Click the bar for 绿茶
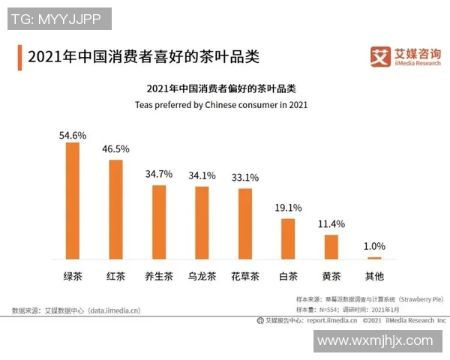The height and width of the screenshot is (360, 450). pos(73,200)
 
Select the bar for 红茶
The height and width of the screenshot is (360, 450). pos(115,209)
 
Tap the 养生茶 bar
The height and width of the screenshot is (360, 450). pos(159,221)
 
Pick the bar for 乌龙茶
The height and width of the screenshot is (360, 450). pos(202,222)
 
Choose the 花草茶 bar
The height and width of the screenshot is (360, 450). pos(245,223)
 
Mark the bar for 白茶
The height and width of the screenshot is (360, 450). pos(289,238)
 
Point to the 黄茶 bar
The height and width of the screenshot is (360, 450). pos(331,247)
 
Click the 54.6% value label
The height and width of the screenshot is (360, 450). pos(73,135)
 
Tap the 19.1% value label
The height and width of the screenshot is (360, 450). pos(289,208)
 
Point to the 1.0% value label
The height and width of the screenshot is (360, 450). pos(374,245)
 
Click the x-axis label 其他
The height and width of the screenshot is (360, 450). pos(374,275)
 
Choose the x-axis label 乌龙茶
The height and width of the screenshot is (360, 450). pos(202,275)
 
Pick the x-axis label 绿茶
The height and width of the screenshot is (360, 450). pos(73,275)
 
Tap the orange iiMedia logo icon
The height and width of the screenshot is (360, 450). pos(381,55)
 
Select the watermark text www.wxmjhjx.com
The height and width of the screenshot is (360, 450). pos(375,341)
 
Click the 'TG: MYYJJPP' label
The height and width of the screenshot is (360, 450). pos(58,19)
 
